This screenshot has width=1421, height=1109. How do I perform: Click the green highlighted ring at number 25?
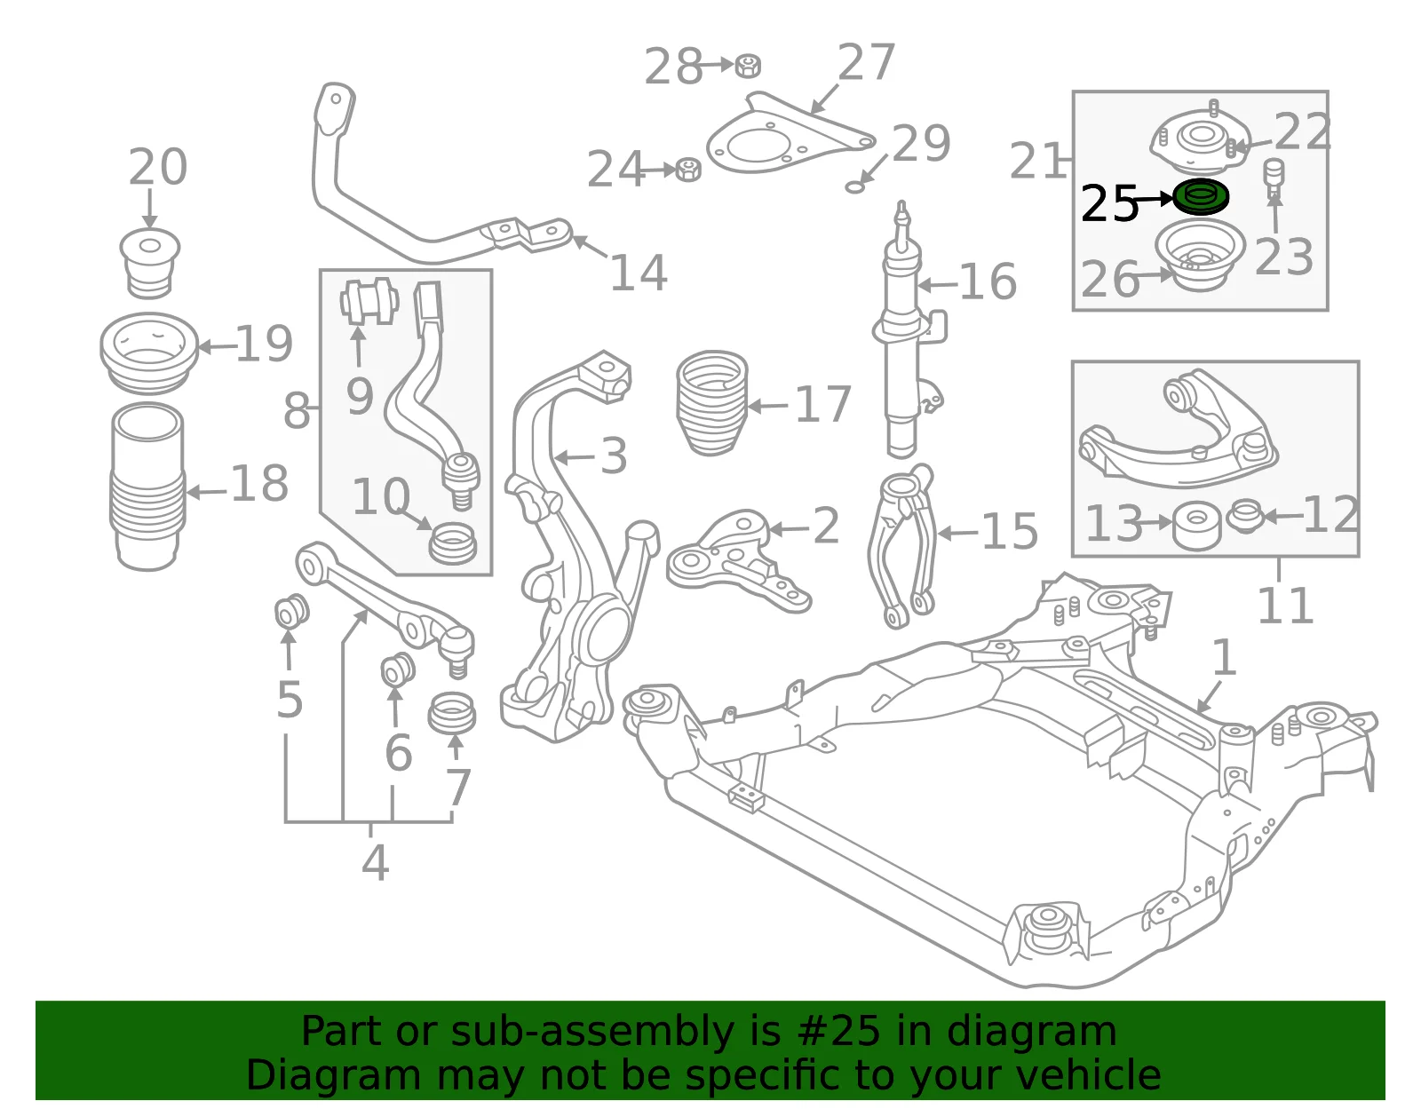pos(1200,196)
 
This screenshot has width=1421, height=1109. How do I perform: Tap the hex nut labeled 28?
pos(748,66)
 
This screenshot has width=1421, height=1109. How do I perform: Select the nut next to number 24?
pos(687,170)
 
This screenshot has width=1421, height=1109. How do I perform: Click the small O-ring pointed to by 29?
pos(854,187)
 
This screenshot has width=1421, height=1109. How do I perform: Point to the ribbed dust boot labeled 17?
pos(711,403)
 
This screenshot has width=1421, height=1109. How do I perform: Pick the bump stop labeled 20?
pos(150,262)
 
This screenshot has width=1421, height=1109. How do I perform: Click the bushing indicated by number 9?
pos(369,301)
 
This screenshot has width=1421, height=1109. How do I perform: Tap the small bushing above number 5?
pos(291,610)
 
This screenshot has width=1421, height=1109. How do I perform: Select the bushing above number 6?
pos(398,669)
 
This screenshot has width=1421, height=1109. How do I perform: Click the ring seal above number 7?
pos(452,713)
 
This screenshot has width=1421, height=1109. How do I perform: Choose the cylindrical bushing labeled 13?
pos(1196,525)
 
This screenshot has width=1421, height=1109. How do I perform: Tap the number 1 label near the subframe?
pos(1224,657)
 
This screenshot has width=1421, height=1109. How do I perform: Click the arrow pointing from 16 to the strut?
pos(937,285)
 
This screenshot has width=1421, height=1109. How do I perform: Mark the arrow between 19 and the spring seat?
pos(217,346)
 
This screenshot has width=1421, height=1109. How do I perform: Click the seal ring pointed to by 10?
pos(453,543)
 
